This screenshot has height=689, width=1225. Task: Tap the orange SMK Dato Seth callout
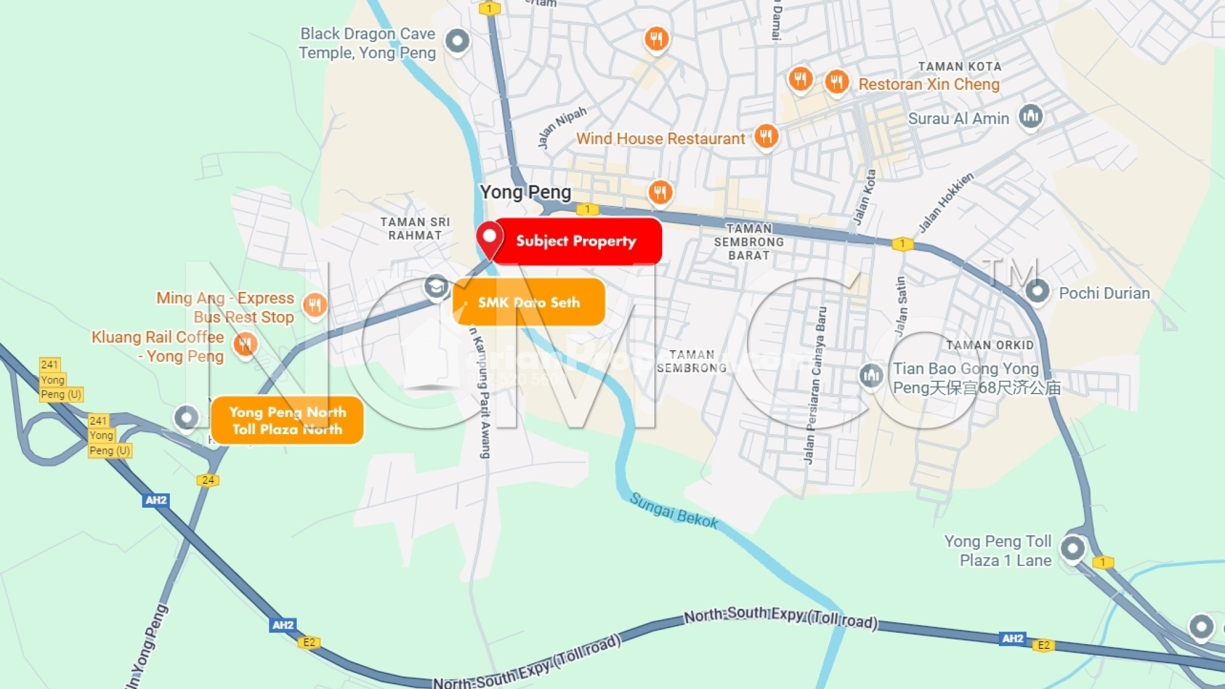(x=529, y=302)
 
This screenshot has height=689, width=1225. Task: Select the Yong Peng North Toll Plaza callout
(x=287, y=420)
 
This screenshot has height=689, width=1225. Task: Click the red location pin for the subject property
(x=489, y=238)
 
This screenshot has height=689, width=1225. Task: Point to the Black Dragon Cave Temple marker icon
(x=458, y=41)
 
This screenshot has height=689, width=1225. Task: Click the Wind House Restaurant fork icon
(x=766, y=136)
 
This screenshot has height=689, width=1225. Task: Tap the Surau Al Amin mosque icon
(x=1030, y=115)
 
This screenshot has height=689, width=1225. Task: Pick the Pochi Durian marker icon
(x=1037, y=291)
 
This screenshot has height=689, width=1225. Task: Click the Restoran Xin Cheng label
(x=928, y=84)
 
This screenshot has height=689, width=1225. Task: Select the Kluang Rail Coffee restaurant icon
(x=245, y=344)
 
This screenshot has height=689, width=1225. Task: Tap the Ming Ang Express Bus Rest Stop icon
(x=315, y=304)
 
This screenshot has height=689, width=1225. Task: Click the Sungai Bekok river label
(x=674, y=511)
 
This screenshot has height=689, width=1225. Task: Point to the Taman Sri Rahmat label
(x=415, y=228)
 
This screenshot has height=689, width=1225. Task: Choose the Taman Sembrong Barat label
(x=749, y=242)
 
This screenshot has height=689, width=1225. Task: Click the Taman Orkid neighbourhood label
(x=989, y=345)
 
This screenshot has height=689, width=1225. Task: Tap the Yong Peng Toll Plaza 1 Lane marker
(x=1072, y=548)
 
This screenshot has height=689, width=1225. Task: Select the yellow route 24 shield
(x=208, y=480)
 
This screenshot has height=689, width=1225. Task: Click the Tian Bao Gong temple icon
(x=871, y=376)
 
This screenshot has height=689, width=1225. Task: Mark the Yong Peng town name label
(x=525, y=192)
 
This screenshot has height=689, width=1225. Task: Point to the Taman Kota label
(x=959, y=66)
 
